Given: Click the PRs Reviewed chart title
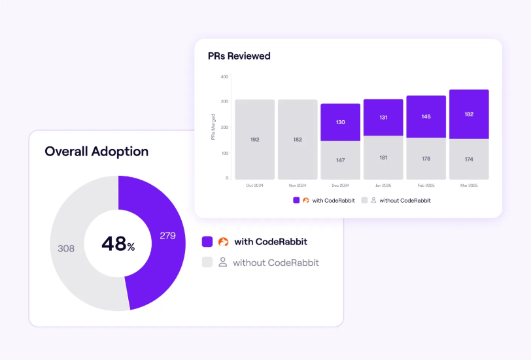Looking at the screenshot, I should point(239,56).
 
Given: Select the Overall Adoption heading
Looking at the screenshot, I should point(96,152).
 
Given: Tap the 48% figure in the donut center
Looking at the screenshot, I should point(118,244).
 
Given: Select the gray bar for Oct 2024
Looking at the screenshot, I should point(254,139).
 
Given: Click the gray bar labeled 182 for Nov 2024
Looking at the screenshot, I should point(298,139).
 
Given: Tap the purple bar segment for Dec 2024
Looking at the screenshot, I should point(340,122).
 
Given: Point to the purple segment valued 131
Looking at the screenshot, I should point(383,118).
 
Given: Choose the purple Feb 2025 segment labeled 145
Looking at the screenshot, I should point(426,116).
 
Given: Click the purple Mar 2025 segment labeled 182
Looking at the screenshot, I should point(469,114).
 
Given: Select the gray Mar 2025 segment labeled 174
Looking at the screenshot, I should point(469,159).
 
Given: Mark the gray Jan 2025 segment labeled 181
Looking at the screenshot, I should point(383,157).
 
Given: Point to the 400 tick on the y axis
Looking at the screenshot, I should point(224,76).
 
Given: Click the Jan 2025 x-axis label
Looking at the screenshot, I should point(383,186).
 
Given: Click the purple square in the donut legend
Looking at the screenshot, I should point(207,242).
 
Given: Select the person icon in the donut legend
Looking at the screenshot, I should point(223,262).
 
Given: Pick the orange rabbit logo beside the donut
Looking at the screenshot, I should point(223,242).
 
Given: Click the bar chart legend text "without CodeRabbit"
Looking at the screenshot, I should point(405,201).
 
